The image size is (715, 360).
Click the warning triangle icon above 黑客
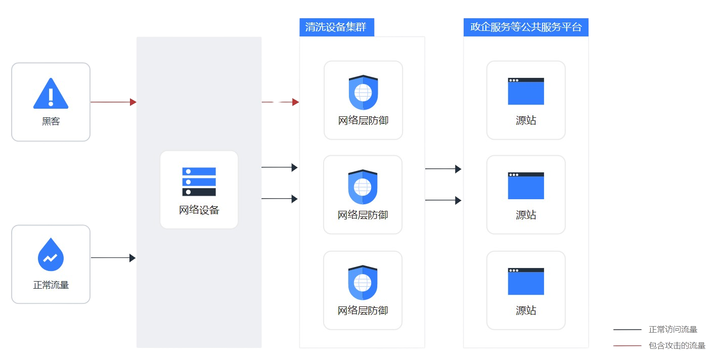tap(51, 94)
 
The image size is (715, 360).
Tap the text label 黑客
tap(51, 121)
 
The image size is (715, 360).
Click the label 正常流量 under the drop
tap(51, 285)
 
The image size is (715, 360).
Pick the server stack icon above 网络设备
tap(199, 182)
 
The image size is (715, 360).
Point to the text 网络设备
tap(199, 210)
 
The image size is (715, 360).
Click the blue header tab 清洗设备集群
tap(336, 27)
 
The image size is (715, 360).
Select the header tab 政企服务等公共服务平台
tap(525, 27)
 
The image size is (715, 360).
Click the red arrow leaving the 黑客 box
tap(113, 102)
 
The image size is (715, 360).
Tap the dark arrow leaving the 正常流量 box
tap(113, 258)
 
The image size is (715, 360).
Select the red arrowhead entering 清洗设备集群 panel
tap(295, 102)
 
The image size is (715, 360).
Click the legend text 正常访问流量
tap(673, 330)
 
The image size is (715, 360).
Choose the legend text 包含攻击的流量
tap(677, 346)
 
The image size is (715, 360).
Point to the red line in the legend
tap(628, 346)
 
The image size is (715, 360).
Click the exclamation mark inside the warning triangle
tap(51, 96)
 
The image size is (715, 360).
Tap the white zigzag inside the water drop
tap(51, 258)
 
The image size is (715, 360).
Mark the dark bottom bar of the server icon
tap(199, 192)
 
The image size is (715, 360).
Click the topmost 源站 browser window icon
tap(526, 92)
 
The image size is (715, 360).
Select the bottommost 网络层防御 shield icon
tap(363, 283)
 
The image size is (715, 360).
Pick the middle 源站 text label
tap(526, 215)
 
